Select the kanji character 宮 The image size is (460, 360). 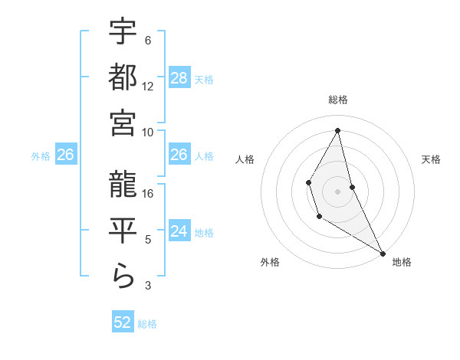pyautogui.click(x=123, y=123)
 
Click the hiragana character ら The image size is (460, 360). pyautogui.click(x=123, y=275)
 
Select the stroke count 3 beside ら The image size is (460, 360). pyautogui.click(x=148, y=286)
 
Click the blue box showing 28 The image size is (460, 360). pyautogui.click(x=179, y=78)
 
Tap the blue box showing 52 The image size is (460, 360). pyautogui.click(x=123, y=322)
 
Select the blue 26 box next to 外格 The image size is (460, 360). pyautogui.click(x=65, y=155)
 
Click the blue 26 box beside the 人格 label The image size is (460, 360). pyautogui.click(x=179, y=155)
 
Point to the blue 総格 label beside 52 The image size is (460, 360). pyautogui.click(x=147, y=323)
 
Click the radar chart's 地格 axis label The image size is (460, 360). pyautogui.click(x=402, y=262)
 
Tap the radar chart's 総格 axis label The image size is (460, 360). pyautogui.click(x=337, y=100)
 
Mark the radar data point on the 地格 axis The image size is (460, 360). pyautogui.click(x=383, y=254)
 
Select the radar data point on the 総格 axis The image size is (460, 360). pyautogui.click(x=337, y=130)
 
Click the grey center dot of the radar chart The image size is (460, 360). pyautogui.click(x=337, y=190)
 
